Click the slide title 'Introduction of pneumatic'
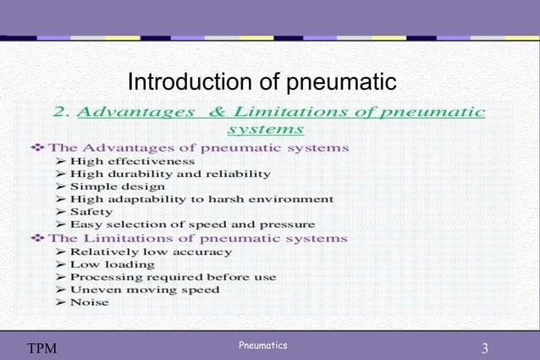262,82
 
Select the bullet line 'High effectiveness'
132,161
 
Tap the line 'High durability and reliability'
170,174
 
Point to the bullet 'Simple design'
118,186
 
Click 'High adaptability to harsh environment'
201,199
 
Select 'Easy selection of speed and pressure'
192,224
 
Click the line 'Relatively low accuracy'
151,252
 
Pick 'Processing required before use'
173,277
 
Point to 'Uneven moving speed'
145,290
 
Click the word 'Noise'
89,302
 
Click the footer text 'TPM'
41,348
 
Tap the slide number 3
485,348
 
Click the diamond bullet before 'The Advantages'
36,147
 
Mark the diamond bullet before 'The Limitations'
36,238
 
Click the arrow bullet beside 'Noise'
61,302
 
